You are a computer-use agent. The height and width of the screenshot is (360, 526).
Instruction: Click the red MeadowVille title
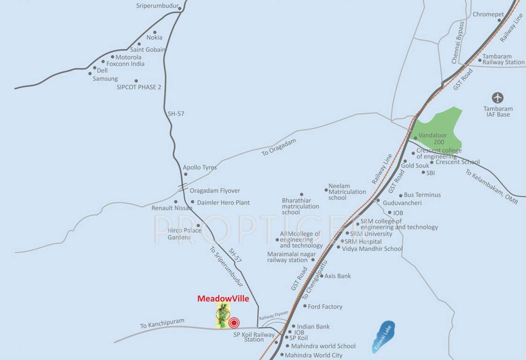click(x=223, y=298)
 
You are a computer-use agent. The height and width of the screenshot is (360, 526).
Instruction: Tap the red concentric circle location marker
click(x=234, y=322)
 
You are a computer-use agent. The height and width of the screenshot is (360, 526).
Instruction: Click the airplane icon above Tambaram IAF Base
click(x=497, y=98)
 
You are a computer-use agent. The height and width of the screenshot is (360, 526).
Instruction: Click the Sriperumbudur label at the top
click(x=158, y=6)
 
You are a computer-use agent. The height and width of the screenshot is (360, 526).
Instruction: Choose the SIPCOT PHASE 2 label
click(x=139, y=87)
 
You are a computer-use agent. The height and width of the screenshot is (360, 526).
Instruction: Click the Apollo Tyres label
click(x=200, y=167)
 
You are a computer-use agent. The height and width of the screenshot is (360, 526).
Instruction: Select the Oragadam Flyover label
click(x=215, y=191)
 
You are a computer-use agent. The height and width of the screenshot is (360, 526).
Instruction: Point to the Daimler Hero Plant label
click(x=223, y=202)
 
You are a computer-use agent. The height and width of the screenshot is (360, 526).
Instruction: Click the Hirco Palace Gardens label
click(x=184, y=233)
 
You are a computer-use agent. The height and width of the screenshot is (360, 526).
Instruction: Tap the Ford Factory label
click(x=325, y=307)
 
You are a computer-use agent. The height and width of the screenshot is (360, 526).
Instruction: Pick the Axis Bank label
click(x=338, y=276)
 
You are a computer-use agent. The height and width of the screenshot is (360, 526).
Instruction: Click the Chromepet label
click(x=488, y=15)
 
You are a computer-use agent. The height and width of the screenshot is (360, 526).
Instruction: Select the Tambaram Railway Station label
click(x=504, y=59)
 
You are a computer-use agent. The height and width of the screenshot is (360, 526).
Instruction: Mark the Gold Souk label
click(x=415, y=165)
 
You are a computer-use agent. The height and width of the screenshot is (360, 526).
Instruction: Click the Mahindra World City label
click(x=313, y=355)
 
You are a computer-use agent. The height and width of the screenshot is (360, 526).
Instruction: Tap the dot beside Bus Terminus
click(x=400, y=195)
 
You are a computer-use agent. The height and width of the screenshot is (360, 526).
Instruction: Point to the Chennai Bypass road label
click(x=458, y=43)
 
